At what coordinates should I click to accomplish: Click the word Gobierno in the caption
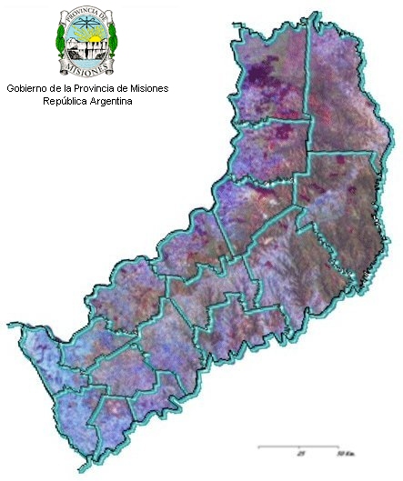tap(28, 88)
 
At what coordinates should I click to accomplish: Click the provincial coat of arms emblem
tap(87, 41)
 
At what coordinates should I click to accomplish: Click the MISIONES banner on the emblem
tap(87, 66)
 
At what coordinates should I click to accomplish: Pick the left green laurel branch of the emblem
tap(61, 41)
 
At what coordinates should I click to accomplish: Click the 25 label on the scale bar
tap(300, 452)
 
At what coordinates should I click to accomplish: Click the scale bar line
tap(300, 446)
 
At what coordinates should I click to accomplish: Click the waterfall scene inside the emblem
tap(87, 50)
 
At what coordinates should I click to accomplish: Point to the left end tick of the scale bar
tap(259, 446)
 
